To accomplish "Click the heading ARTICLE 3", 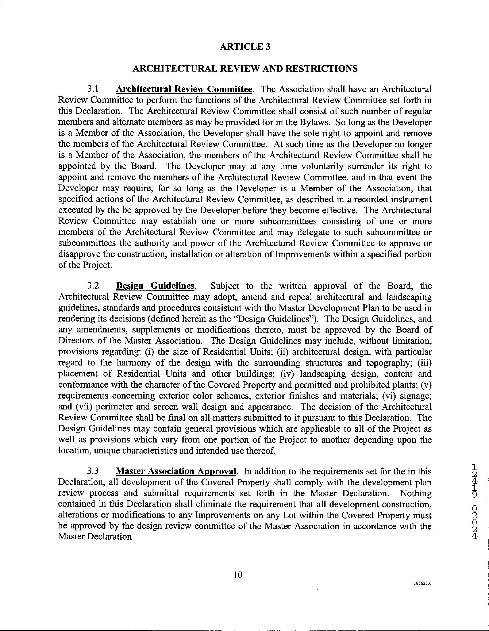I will [x=245, y=47].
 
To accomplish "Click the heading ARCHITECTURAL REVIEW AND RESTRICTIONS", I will [x=245, y=68].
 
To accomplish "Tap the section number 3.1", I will [x=93, y=89].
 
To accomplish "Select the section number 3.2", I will [x=93, y=286].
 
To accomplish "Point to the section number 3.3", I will [x=93, y=471].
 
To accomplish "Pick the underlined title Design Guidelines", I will [x=155, y=286].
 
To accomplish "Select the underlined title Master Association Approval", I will [x=176, y=471].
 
